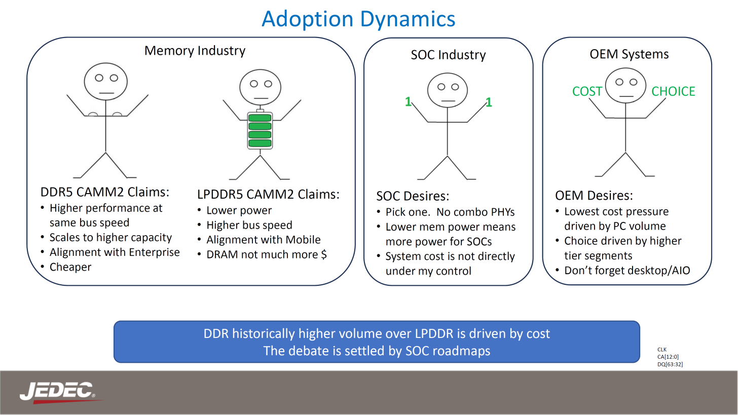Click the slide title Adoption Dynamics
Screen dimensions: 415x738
point(358,19)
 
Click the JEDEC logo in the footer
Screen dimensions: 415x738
point(57,392)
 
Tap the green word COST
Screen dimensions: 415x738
point(587,92)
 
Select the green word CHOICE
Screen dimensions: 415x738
point(673,92)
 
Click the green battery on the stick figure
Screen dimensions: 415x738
point(260,130)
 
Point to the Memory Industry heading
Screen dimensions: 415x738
point(195,51)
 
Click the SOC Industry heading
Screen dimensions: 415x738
point(448,55)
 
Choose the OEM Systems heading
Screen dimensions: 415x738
point(629,54)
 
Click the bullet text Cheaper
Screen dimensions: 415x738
point(70,267)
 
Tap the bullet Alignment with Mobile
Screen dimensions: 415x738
point(264,240)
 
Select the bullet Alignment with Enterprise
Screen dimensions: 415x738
point(115,252)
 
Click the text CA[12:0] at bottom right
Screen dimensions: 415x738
point(668,357)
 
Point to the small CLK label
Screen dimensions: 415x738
point(662,350)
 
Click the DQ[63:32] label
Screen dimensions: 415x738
point(670,364)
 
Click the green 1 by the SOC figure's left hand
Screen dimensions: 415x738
point(408,102)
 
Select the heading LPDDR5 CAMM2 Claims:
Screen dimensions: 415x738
point(268,195)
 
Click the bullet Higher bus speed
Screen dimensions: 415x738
point(249,225)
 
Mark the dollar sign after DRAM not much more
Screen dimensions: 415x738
point(324,254)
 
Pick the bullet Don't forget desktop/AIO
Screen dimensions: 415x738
point(627,270)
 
